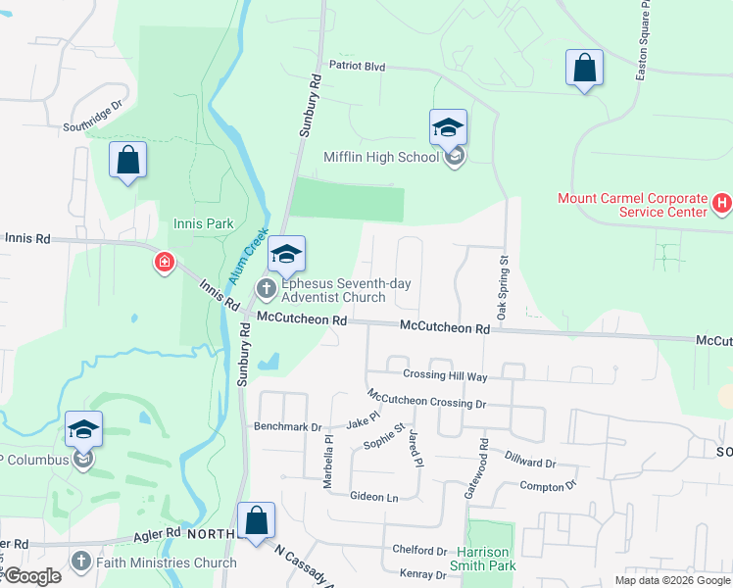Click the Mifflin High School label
(x=381, y=157)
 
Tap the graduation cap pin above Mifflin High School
(x=448, y=128)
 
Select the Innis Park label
(x=204, y=223)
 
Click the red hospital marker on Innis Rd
(x=164, y=263)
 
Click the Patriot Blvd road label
(x=357, y=67)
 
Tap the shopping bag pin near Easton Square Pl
(x=584, y=69)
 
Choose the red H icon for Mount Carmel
(x=722, y=204)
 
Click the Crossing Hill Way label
(x=444, y=376)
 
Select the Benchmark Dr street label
(x=287, y=427)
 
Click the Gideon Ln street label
(x=373, y=497)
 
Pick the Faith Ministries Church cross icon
(x=81, y=562)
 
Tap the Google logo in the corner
(x=31, y=577)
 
